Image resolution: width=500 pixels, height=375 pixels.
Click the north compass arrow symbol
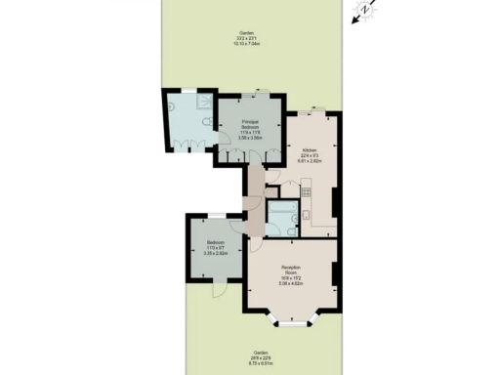[x=361, y=11]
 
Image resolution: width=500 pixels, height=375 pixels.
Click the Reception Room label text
[x=290, y=268]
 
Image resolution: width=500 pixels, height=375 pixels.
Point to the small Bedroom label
[x=215, y=241]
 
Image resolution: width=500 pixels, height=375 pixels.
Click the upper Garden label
[x=249, y=32]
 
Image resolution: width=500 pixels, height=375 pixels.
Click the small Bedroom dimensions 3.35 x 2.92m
[x=215, y=254]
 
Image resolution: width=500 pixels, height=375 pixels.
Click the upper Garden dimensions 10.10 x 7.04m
[x=249, y=44]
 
